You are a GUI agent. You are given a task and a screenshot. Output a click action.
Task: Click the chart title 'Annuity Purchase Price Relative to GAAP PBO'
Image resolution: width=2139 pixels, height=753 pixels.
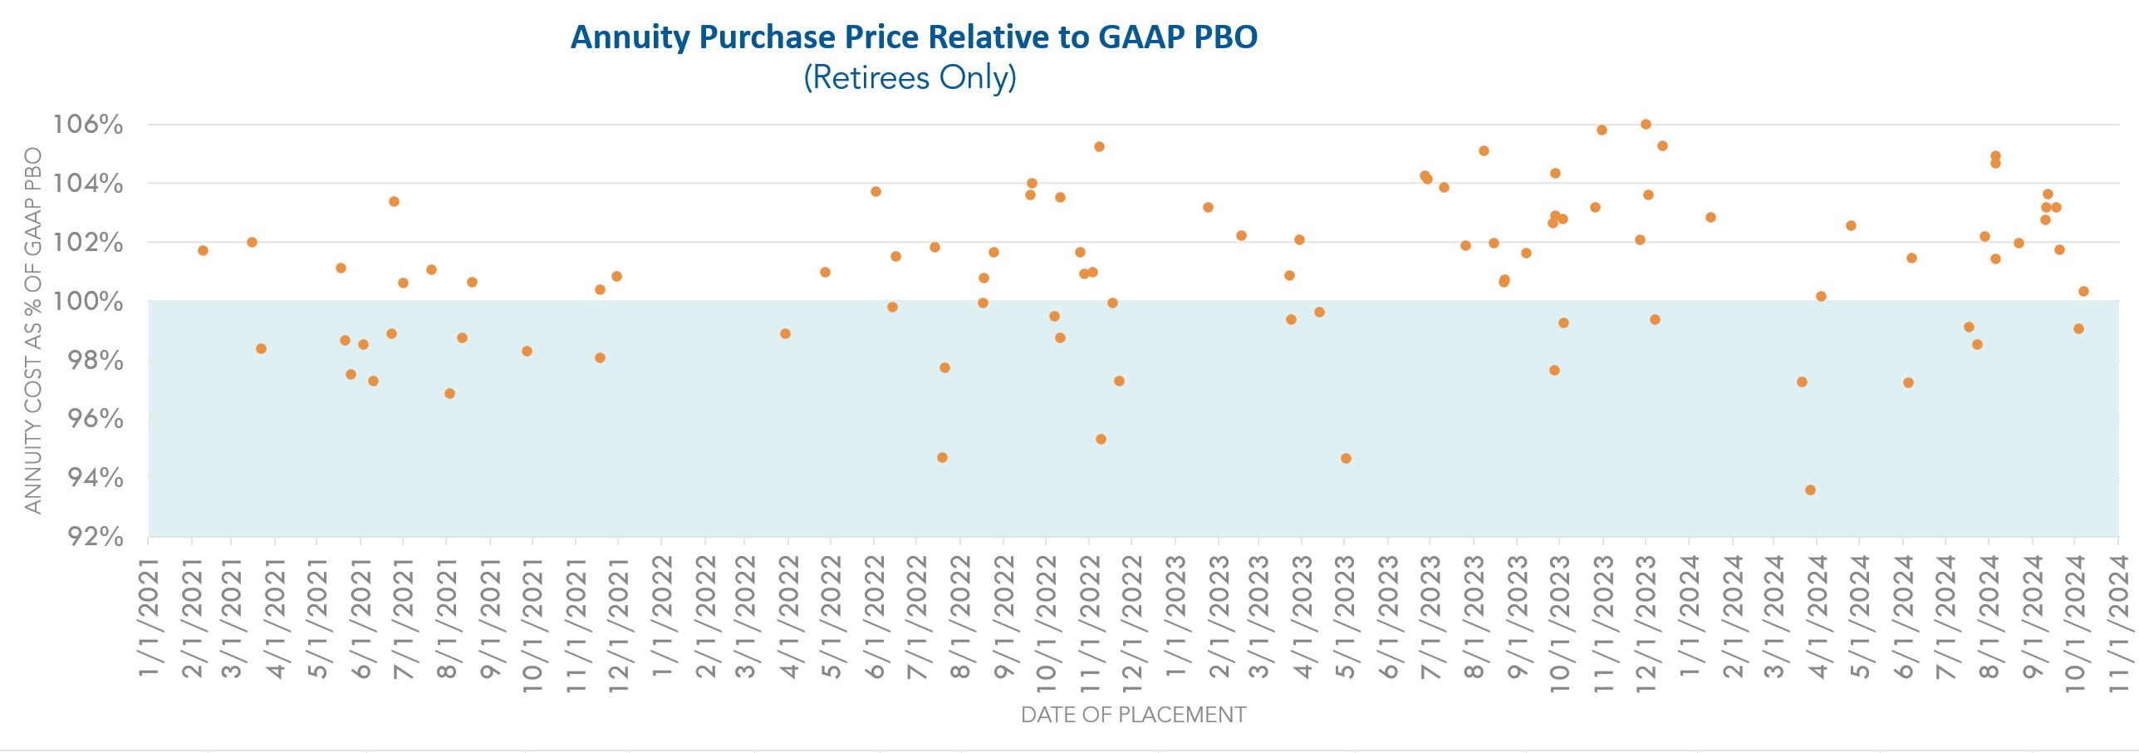coord(914,37)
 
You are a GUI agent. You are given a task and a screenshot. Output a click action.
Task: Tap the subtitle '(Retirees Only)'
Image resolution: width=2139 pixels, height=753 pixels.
coord(910,78)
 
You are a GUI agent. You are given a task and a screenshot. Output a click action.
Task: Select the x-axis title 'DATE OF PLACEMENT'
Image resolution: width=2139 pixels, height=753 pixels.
coord(1133,715)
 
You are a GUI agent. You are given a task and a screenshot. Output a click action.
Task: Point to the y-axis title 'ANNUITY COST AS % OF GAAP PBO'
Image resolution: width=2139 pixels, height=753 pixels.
coord(33,330)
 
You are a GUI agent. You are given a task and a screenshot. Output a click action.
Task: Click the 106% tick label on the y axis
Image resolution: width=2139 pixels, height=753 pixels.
coord(88,125)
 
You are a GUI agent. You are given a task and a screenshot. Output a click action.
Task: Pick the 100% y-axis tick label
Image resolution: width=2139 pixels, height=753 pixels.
coord(88,301)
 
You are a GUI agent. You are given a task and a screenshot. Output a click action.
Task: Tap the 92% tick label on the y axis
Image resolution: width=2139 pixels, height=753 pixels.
coord(95,536)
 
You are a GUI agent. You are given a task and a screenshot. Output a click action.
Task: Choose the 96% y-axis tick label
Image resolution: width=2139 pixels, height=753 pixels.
coord(95,418)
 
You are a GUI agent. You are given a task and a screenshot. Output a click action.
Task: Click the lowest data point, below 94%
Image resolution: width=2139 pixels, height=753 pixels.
coord(1810,490)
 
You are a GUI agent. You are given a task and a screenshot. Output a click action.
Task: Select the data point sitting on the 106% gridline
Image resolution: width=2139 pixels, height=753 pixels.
coord(1646,125)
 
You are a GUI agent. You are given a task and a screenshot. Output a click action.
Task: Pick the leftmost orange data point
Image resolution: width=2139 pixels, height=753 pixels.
coord(203,250)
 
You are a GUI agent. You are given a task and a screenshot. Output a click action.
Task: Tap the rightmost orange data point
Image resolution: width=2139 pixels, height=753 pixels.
coord(2083,291)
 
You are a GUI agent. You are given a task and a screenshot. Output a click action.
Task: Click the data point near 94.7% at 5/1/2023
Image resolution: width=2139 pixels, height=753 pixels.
coord(1346,458)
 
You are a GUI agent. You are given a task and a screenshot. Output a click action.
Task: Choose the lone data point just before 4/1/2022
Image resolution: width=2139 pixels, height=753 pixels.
coord(785,333)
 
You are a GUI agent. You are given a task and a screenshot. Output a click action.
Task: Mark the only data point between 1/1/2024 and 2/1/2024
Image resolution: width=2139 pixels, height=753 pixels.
coord(1710,217)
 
